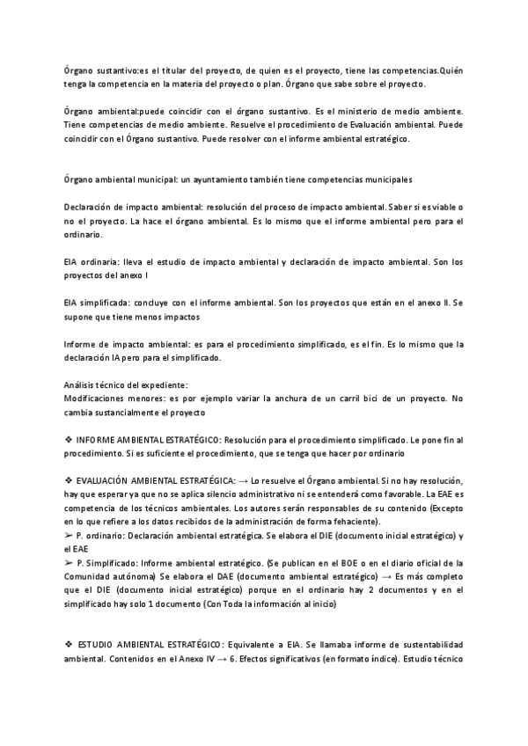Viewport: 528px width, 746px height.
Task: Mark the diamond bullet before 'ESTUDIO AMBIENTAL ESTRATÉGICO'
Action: pyautogui.click(x=69, y=620)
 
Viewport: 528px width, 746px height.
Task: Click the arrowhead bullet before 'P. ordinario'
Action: pyautogui.click(x=69, y=536)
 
